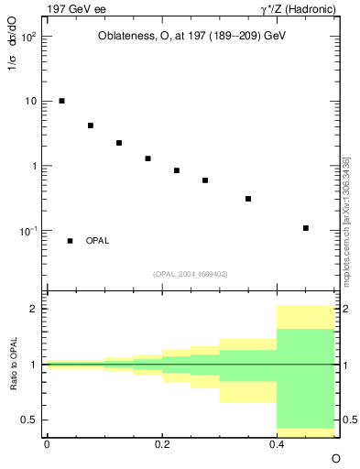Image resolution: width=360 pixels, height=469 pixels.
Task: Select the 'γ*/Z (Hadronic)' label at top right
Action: (x=295, y=8)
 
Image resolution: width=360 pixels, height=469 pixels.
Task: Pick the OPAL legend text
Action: (x=97, y=241)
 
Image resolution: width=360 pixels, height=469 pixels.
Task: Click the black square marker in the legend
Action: (x=70, y=241)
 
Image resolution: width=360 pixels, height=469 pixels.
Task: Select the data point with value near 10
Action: (x=61, y=101)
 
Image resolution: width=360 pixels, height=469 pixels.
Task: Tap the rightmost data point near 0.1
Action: (x=305, y=228)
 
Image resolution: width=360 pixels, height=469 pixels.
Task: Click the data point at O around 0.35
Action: (x=248, y=199)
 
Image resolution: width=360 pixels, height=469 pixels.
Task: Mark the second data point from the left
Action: (x=90, y=125)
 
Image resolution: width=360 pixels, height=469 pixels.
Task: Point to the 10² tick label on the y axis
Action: (x=30, y=38)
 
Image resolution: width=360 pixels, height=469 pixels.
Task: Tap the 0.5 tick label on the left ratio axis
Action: (x=29, y=420)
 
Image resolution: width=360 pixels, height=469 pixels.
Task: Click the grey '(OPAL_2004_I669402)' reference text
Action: (x=191, y=273)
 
